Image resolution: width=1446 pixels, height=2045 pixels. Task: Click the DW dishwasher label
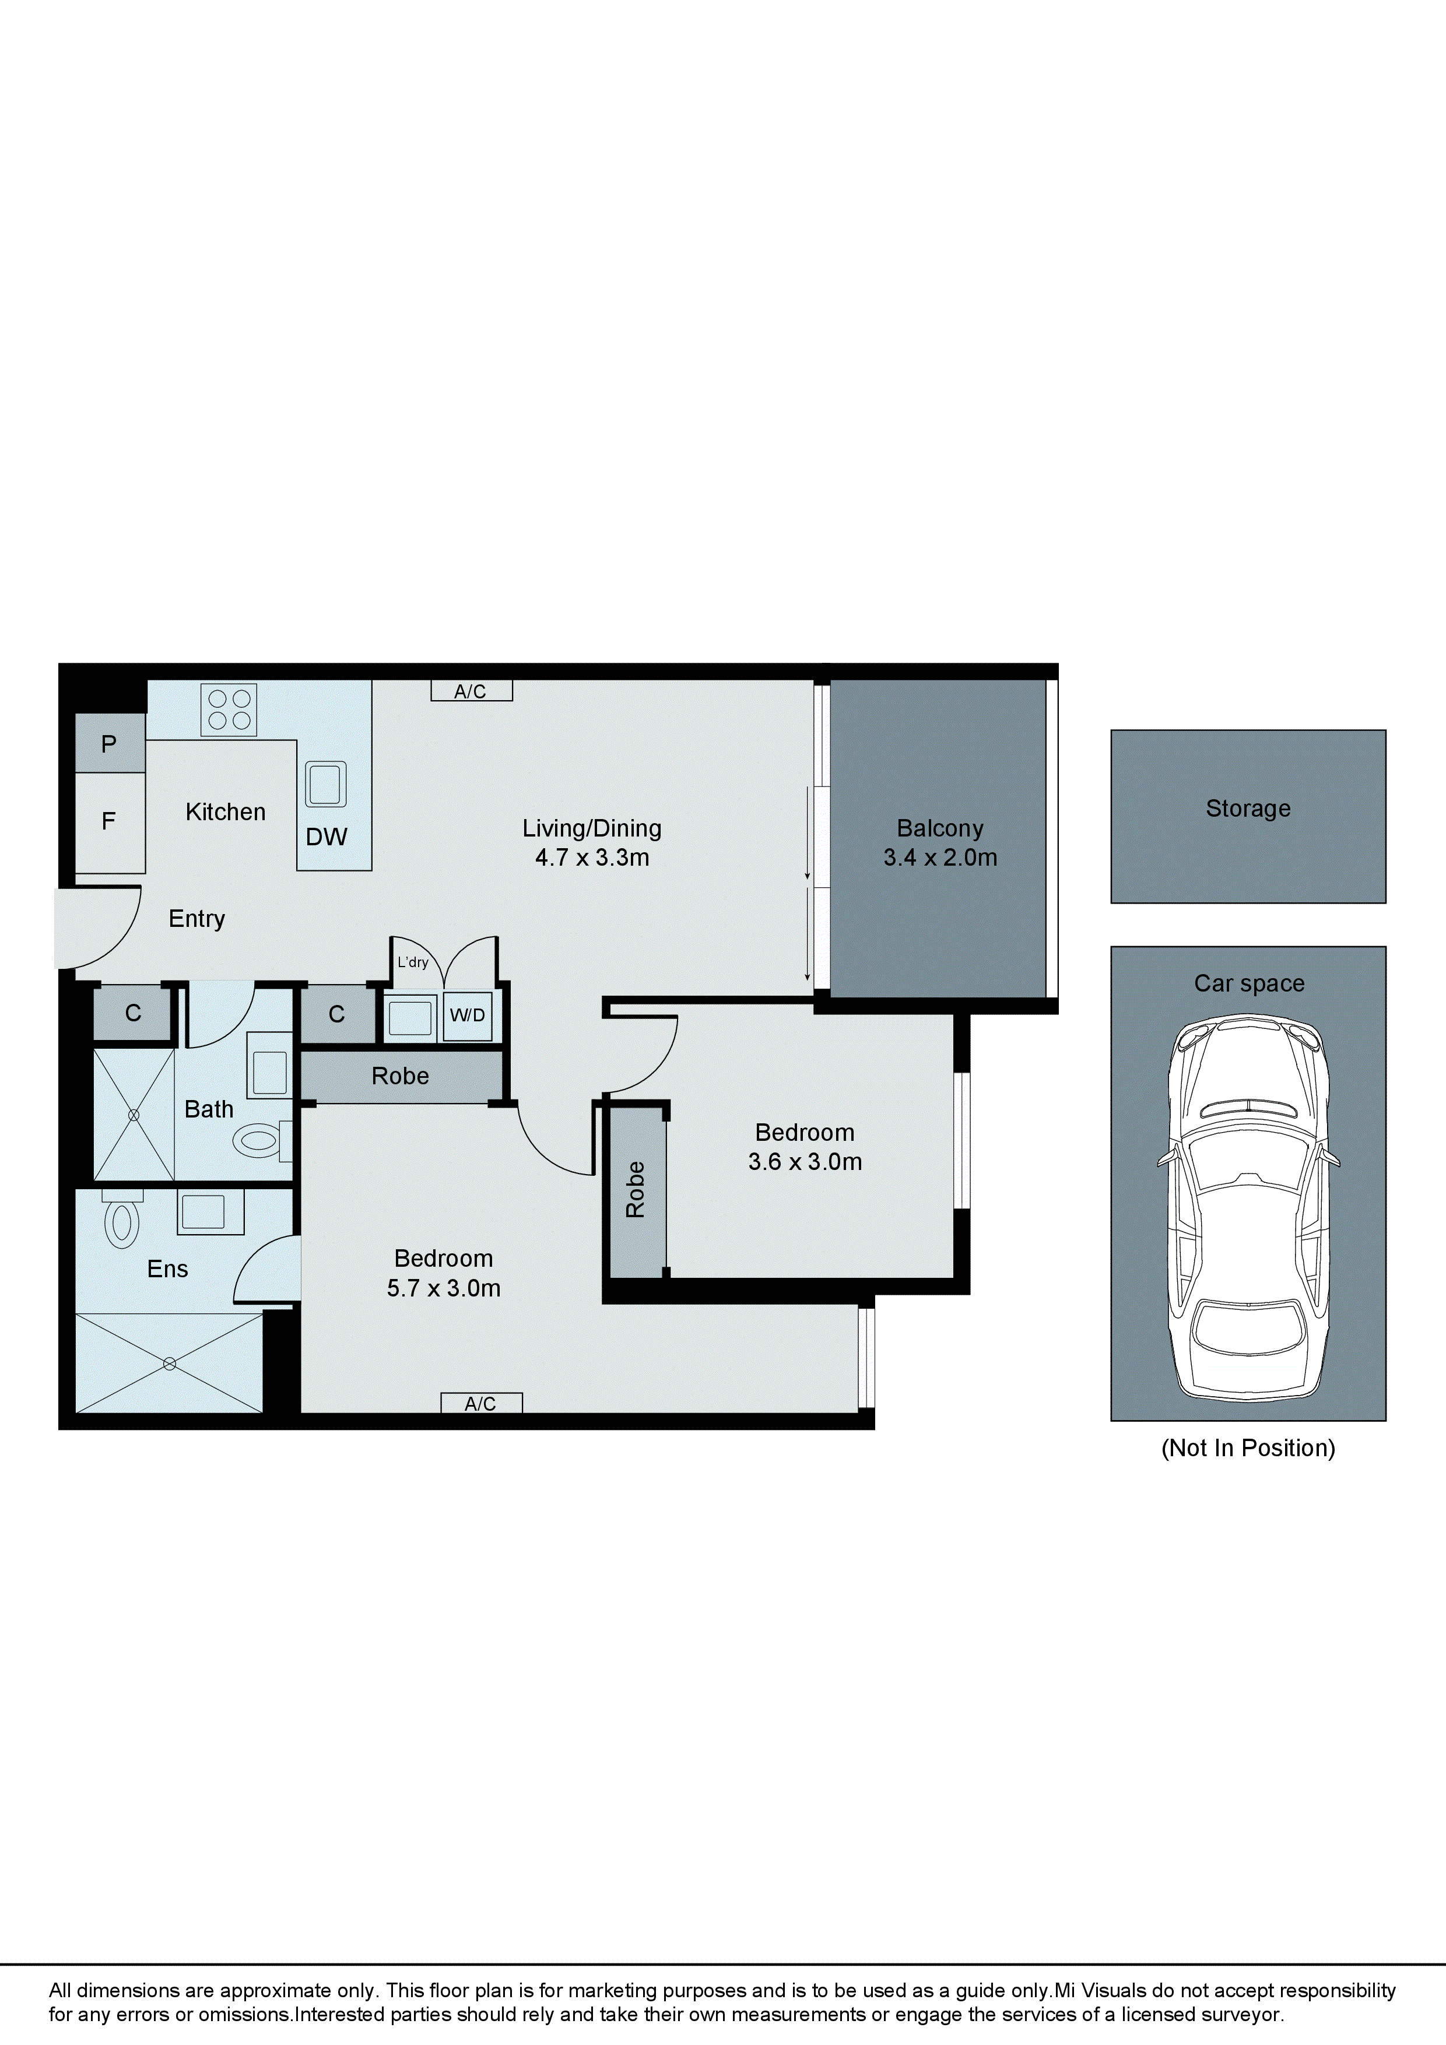point(326,837)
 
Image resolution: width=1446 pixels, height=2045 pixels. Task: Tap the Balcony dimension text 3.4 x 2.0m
point(940,858)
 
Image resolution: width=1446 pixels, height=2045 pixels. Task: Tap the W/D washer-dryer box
point(468,1016)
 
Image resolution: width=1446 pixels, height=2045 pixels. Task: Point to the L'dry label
point(413,962)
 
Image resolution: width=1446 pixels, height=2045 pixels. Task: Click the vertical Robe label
point(635,1189)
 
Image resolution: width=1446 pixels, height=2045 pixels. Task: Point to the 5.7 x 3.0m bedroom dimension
point(444,1288)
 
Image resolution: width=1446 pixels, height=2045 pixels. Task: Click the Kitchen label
point(226,812)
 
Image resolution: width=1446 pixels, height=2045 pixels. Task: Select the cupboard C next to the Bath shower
point(133,1013)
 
